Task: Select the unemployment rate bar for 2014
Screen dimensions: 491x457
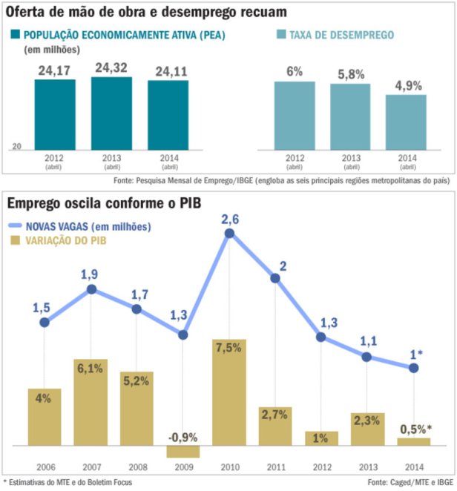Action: point(406,122)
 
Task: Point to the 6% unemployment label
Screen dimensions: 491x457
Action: point(295,70)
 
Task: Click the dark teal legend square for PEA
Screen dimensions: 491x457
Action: point(15,35)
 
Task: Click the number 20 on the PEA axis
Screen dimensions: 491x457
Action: point(16,147)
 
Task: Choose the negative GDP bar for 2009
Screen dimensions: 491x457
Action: point(183,451)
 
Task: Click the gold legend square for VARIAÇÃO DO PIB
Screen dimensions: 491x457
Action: point(15,240)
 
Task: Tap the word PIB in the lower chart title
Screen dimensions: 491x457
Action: point(188,202)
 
